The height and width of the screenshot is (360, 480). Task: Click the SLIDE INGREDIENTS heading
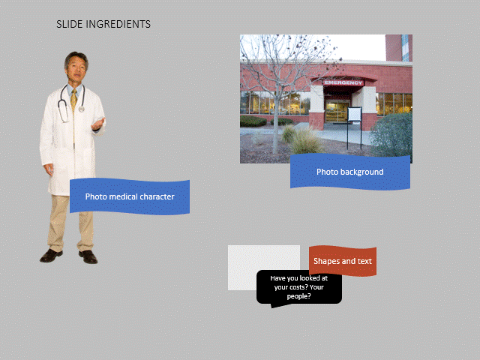(x=103, y=24)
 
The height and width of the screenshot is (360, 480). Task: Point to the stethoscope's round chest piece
(x=82, y=108)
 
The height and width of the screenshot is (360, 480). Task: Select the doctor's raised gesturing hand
(x=98, y=124)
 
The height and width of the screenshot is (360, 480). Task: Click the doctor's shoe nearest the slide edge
(x=51, y=256)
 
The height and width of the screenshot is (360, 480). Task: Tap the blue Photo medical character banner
(x=130, y=196)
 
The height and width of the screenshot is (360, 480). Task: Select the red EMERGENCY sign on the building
(x=343, y=82)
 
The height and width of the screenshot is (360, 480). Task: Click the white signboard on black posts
(x=355, y=114)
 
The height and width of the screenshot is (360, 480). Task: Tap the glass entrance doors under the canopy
(x=337, y=112)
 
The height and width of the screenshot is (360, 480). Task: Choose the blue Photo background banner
(x=350, y=172)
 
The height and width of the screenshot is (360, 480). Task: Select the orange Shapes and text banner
(x=343, y=261)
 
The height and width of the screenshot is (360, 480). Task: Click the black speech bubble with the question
(x=299, y=288)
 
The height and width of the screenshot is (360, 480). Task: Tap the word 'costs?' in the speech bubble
(x=297, y=287)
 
